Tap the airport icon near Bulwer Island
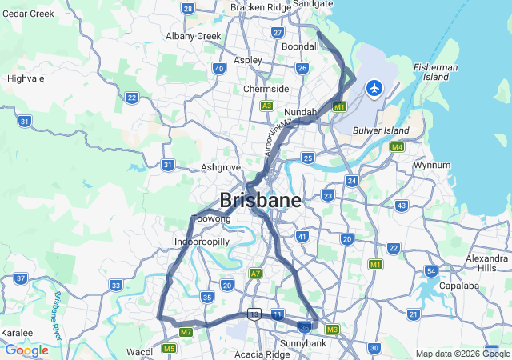pyautogui.click(x=374, y=87)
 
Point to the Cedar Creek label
pyautogui.click(x=28, y=14)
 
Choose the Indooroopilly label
pyautogui.click(x=202, y=241)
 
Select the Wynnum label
pyautogui.click(x=432, y=165)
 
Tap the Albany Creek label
pyautogui.click(x=193, y=36)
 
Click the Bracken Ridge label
pyautogui.click(x=261, y=7)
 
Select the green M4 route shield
pyautogui.click(x=397, y=147)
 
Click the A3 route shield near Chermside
pyautogui.click(x=266, y=106)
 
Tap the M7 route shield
pyautogui.click(x=186, y=332)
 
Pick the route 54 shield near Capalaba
pyautogui.click(x=431, y=271)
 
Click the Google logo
pyautogui.click(x=26, y=350)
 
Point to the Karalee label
pyautogui.click(x=17, y=333)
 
